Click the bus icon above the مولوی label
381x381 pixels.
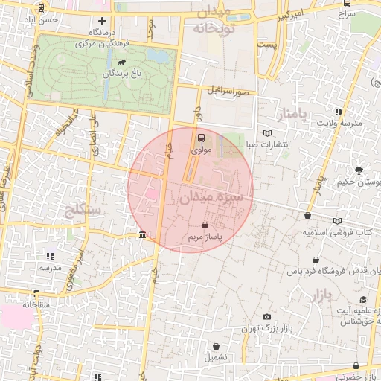click(x=201, y=137)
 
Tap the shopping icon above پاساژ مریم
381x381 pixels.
click(x=205, y=225)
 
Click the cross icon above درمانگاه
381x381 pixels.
click(x=102, y=22)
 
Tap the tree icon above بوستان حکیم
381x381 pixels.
click(x=360, y=170)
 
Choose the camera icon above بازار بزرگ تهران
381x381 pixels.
click(x=266, y=317)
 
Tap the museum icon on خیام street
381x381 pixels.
click(x=142, y=236)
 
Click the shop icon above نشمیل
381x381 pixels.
click(x=216, y=346)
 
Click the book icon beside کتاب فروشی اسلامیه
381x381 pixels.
click(x=339, y=222)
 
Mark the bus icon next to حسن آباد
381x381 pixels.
click(x=41, y=8)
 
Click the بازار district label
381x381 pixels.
click(x=316, y=294)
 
